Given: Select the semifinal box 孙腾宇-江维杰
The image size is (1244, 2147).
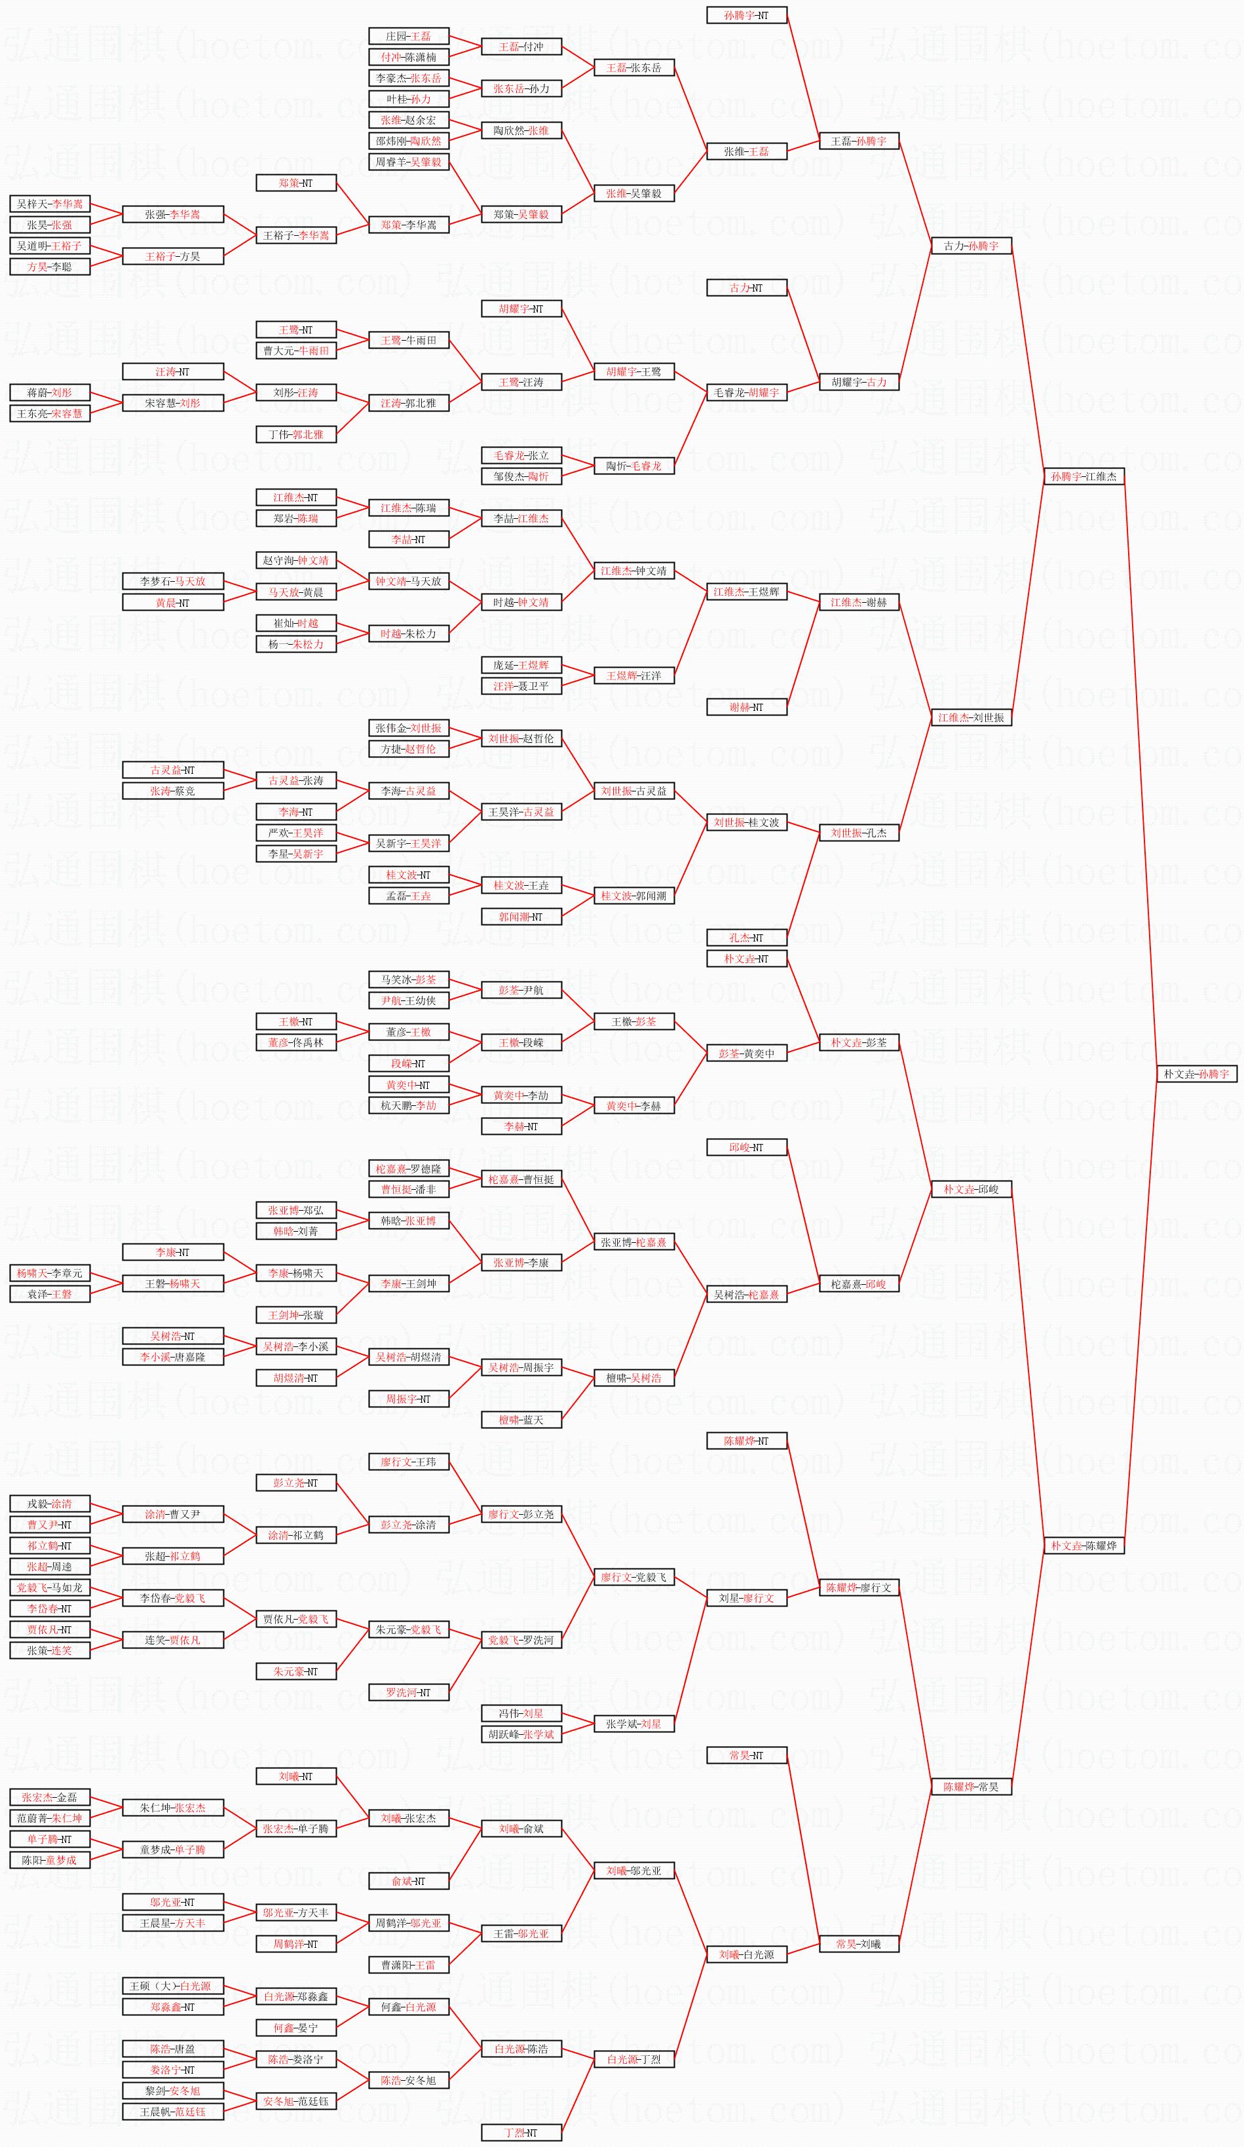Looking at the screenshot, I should [1084, 476].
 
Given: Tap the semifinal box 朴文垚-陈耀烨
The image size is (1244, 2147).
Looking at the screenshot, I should [1084, 1545].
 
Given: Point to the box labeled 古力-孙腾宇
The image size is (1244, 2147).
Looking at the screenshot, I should [971, 246].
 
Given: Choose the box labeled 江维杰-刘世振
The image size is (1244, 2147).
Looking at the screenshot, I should [971, 717].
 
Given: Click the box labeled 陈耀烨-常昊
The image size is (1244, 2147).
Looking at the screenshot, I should [971, 1787].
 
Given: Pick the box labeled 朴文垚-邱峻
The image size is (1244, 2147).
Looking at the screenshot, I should [971, 1188].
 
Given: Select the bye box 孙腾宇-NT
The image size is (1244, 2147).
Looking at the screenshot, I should [746, 15].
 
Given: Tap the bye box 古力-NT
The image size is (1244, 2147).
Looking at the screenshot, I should [746, 288].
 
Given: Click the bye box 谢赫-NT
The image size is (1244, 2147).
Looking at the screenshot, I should [746, 707].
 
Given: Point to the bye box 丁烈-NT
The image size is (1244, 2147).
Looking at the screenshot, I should [521, 2133].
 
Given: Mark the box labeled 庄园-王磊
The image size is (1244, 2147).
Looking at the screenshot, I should [409, 36].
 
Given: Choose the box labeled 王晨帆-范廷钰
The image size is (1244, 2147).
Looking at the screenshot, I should [173, 2111].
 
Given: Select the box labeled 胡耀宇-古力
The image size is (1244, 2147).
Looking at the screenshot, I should [859, 382].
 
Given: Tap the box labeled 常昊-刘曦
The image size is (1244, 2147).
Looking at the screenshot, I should [859, 1943].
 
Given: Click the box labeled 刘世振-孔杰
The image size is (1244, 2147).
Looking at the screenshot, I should [859, 832].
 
